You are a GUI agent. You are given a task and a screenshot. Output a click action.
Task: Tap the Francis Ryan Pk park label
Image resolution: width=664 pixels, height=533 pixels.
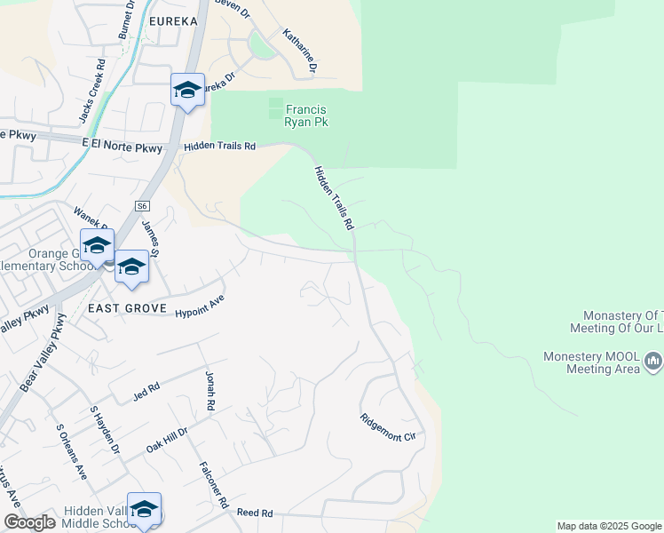tap(305, 115)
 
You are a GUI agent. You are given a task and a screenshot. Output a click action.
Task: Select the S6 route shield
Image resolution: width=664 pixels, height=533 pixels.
tap(142, 206)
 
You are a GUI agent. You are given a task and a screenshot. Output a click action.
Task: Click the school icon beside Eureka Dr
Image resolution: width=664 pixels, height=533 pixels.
tap(187, 90)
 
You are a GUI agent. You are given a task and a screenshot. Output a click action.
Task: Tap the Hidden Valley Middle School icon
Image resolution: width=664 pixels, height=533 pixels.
tap(144, 510)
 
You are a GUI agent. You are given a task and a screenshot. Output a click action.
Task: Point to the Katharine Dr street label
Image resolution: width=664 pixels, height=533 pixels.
tap(300, 51)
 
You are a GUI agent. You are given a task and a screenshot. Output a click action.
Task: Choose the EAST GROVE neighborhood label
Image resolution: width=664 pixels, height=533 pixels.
tap(128, 308)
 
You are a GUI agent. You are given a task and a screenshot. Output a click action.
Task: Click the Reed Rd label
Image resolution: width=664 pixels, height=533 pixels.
tap(254, 513)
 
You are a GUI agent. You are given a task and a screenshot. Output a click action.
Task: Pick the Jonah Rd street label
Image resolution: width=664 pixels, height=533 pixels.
tap(210, 391)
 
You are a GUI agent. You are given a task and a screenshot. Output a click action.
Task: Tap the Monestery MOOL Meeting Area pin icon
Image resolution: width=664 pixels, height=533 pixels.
tap(652, 361)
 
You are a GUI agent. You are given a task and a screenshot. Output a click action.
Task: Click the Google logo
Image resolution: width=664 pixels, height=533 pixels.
tap(29, 523)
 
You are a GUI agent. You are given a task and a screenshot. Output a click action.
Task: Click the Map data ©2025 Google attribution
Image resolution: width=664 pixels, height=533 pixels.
tap(608, 526)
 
